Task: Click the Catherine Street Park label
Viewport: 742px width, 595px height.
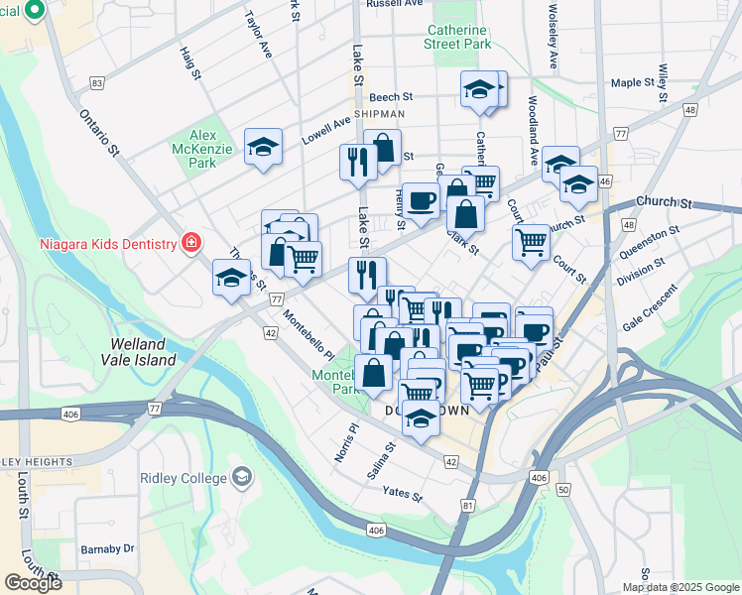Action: (459, 37)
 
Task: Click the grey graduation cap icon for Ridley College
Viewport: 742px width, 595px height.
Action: (241, 478)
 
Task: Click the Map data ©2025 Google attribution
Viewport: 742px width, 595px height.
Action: (680, 587)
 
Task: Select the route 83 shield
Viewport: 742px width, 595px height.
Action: (96, 83)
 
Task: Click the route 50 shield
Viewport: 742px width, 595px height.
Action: (564, 490)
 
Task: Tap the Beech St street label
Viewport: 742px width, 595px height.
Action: (390, 97)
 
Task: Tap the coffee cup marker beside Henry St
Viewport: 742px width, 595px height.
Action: (421, 201)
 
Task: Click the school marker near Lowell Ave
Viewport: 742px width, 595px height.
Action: (263, 149)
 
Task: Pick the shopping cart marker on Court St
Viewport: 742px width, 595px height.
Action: (531, 241)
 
